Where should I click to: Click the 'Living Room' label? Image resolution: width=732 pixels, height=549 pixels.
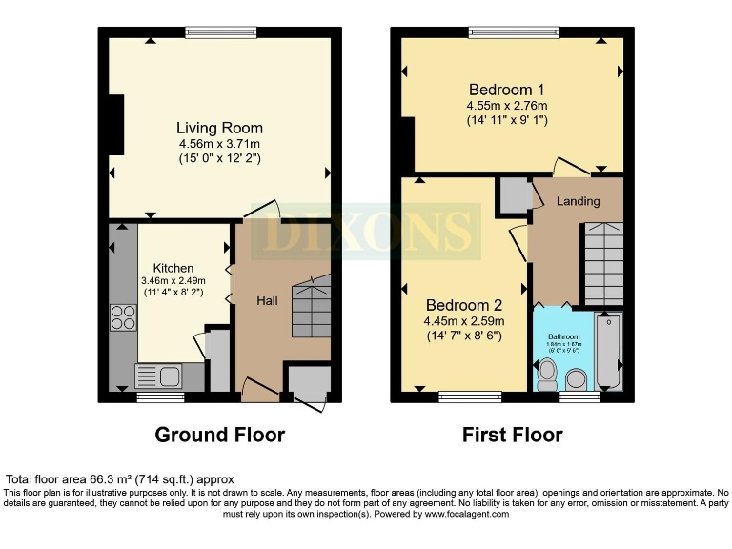click(219, 128)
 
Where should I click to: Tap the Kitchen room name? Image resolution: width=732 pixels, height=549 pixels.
click(173, 268)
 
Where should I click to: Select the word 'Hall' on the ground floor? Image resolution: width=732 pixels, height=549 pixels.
click(267, 300)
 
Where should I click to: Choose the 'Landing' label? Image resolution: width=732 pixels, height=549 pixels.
click(578, 201)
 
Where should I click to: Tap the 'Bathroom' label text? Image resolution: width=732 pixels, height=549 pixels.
click(562, 336)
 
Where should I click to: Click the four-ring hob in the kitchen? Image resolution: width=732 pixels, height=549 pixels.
click(123, 316)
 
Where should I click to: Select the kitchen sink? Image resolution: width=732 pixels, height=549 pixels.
click(158, 376)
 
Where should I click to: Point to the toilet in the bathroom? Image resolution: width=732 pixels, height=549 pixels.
click(546, 374)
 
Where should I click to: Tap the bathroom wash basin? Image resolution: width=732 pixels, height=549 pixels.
click(578, 380)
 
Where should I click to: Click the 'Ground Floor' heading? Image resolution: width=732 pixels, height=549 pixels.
click(219, 435)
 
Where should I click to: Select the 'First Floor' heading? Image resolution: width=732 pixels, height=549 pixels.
click(512, 435)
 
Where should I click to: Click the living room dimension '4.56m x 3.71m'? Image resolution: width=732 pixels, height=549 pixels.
click(219, 144)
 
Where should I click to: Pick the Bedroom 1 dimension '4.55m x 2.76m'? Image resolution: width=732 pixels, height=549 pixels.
click(506, 105)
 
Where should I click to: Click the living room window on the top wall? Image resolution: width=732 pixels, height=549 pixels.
click(220, 32)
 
